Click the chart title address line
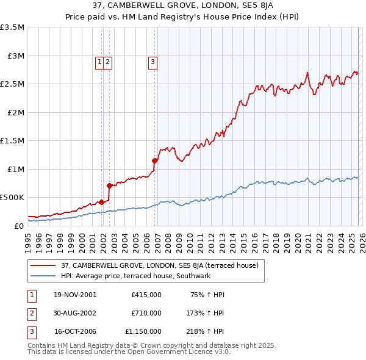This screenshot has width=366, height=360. (x=182, y=6)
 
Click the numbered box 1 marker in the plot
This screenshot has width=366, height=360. (x=99, y=61)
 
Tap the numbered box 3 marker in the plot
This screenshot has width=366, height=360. (x=152, y=61)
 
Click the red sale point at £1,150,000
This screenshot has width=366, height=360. (x=155, y=161)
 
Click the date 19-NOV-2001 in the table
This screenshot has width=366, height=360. (x=75, y=294)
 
